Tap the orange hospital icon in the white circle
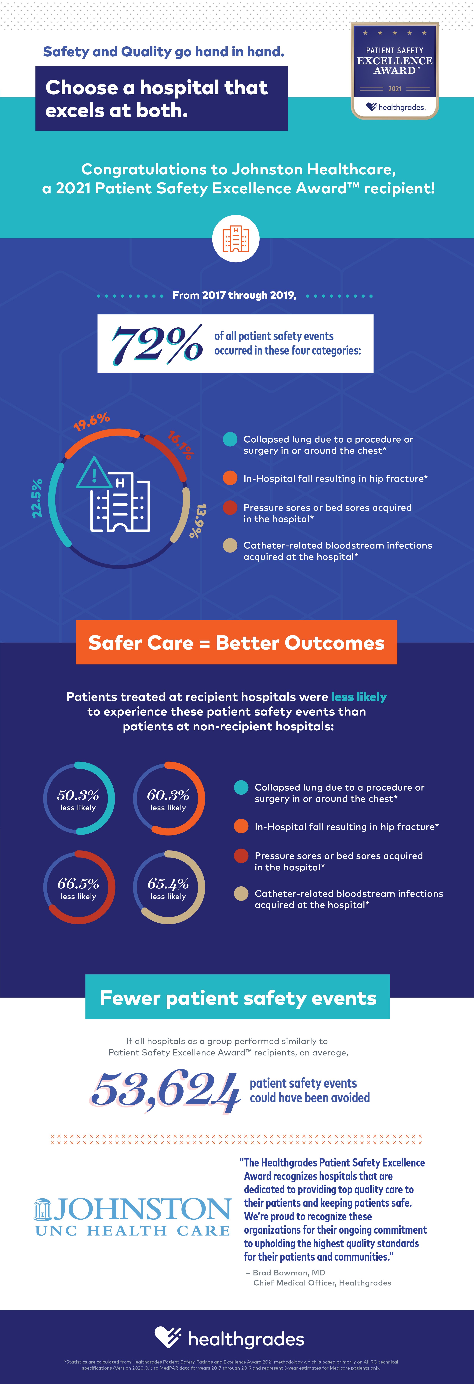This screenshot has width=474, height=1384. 236,239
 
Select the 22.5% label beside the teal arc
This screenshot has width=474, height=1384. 37,498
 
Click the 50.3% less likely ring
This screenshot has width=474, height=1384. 78,798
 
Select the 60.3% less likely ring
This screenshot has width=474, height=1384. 169,798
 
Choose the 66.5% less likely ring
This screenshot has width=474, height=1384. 78,887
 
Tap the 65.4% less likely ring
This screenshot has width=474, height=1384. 169,887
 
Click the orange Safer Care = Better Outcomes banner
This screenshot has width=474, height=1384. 236,643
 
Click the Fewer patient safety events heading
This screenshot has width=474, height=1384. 238,998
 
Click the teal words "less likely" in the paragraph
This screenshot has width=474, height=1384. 359,697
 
